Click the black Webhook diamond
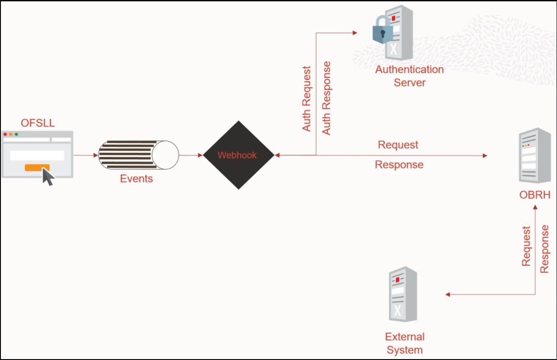pyautogui.click(x=238, y=155)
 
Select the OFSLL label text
pyautogui.click(x=38, y=123)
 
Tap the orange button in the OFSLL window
pyautogui.click(x=37, y=168)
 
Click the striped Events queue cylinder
pyautogui.click(x=138, y=155)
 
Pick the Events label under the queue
pyautogui.click(x=136, y=179)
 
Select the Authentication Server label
pyautogui.click(x=409, y=76)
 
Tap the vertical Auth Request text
pyautogui.click(x=306, y=99)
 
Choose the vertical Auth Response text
pyautogui.click(x=327, y=98)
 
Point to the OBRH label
pyautogui.click(x=535, y=195)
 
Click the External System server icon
pyautogui.click(x=403, y=294)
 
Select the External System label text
pyautogui.click(x=404, y=343)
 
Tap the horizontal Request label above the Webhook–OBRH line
pyautogui.click(x=398, y=145)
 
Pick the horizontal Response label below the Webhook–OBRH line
pyautogui.click(x=399, y=165)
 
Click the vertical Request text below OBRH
pyautogui.click(x=526, y=246)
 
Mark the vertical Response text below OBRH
pyautogui.click(x=545, y=249)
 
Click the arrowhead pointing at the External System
pyautogui.click(x=448, y=295)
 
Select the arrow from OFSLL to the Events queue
pyautogui.click(x=85, y=155)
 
